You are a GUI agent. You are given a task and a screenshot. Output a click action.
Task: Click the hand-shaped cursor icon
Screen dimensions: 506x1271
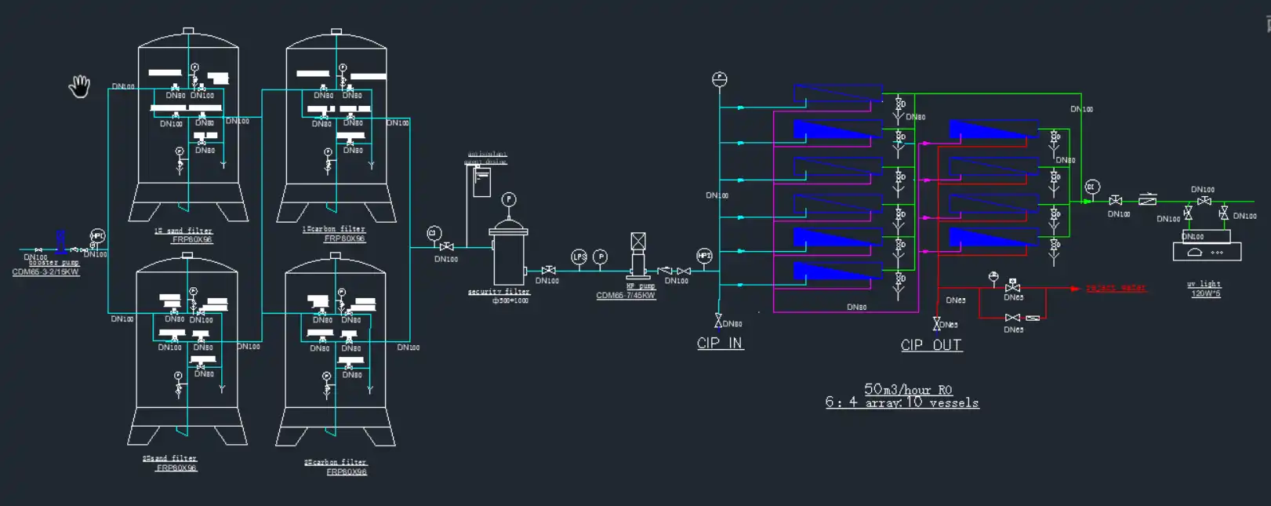pyautogui.click(x=79, y=86)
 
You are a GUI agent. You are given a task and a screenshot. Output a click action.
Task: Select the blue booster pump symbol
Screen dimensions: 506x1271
pyautogui.click(x=60, y=240)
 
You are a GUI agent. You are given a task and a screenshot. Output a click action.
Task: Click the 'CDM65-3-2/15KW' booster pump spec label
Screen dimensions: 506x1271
pyautogui.click(x=45, y=272)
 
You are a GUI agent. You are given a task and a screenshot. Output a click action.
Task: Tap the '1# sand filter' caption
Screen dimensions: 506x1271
pyautogui.click(x=183, y=231)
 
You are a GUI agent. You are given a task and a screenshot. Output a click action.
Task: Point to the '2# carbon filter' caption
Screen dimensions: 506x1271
pyautogui.click(x=336, y=462)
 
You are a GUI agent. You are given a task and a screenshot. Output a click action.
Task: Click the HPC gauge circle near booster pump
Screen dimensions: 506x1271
pyautogui.click(x=97, y=235)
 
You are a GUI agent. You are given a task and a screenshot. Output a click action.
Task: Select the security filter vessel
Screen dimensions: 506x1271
pyautogui.click(x=509, y=255)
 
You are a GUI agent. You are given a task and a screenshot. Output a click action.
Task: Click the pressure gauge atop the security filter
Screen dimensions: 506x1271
pyautogui.click(x=509, y=199)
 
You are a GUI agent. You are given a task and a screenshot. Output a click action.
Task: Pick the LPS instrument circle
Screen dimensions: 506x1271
pyautogui.click(x=579, y=257)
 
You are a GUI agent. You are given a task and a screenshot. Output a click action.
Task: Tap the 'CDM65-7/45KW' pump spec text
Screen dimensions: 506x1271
pyautogui.click(x=625, y=296)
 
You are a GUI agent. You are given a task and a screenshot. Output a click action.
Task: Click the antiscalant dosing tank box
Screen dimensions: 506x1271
pyautogui.click(x=481, y=182)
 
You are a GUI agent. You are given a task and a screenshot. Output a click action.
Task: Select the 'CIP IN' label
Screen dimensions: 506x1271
pyautogui.click(x=720, y=343)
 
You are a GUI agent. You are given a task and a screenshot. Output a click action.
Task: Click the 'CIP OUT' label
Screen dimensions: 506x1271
pyautogui.click(x=931, y=345)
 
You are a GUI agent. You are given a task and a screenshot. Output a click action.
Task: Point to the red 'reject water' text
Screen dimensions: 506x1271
pyautogui.click(x=1115, y=288)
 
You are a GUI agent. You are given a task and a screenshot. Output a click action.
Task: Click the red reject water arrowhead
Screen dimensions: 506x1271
pyautogui.click(x=1075, y=288)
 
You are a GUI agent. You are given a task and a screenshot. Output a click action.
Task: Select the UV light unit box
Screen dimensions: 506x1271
pyautogui.click(x=1207, y=252)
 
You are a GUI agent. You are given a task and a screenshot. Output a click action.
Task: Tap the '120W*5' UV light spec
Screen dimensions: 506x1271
pyautogui.click(x=1206, y=293)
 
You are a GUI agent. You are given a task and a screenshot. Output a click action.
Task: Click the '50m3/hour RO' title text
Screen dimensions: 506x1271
pyautogui.click(x=908, y=389)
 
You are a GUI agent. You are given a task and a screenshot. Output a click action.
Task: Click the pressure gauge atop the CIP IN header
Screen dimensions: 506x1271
pyautogui.click(x=720, y=79)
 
